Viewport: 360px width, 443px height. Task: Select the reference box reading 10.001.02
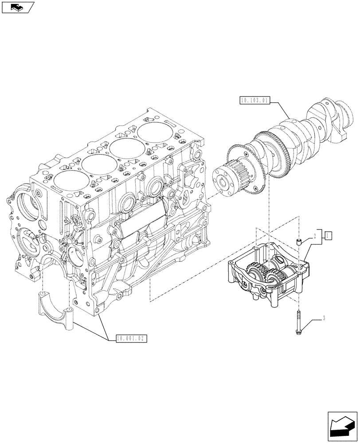coord(131,338)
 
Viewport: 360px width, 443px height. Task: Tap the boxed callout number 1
coord(328,235)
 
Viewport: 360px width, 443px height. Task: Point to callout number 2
coord(315,235)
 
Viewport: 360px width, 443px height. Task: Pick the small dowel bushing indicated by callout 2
coord(299,241)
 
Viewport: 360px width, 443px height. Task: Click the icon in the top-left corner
coord(17,7)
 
